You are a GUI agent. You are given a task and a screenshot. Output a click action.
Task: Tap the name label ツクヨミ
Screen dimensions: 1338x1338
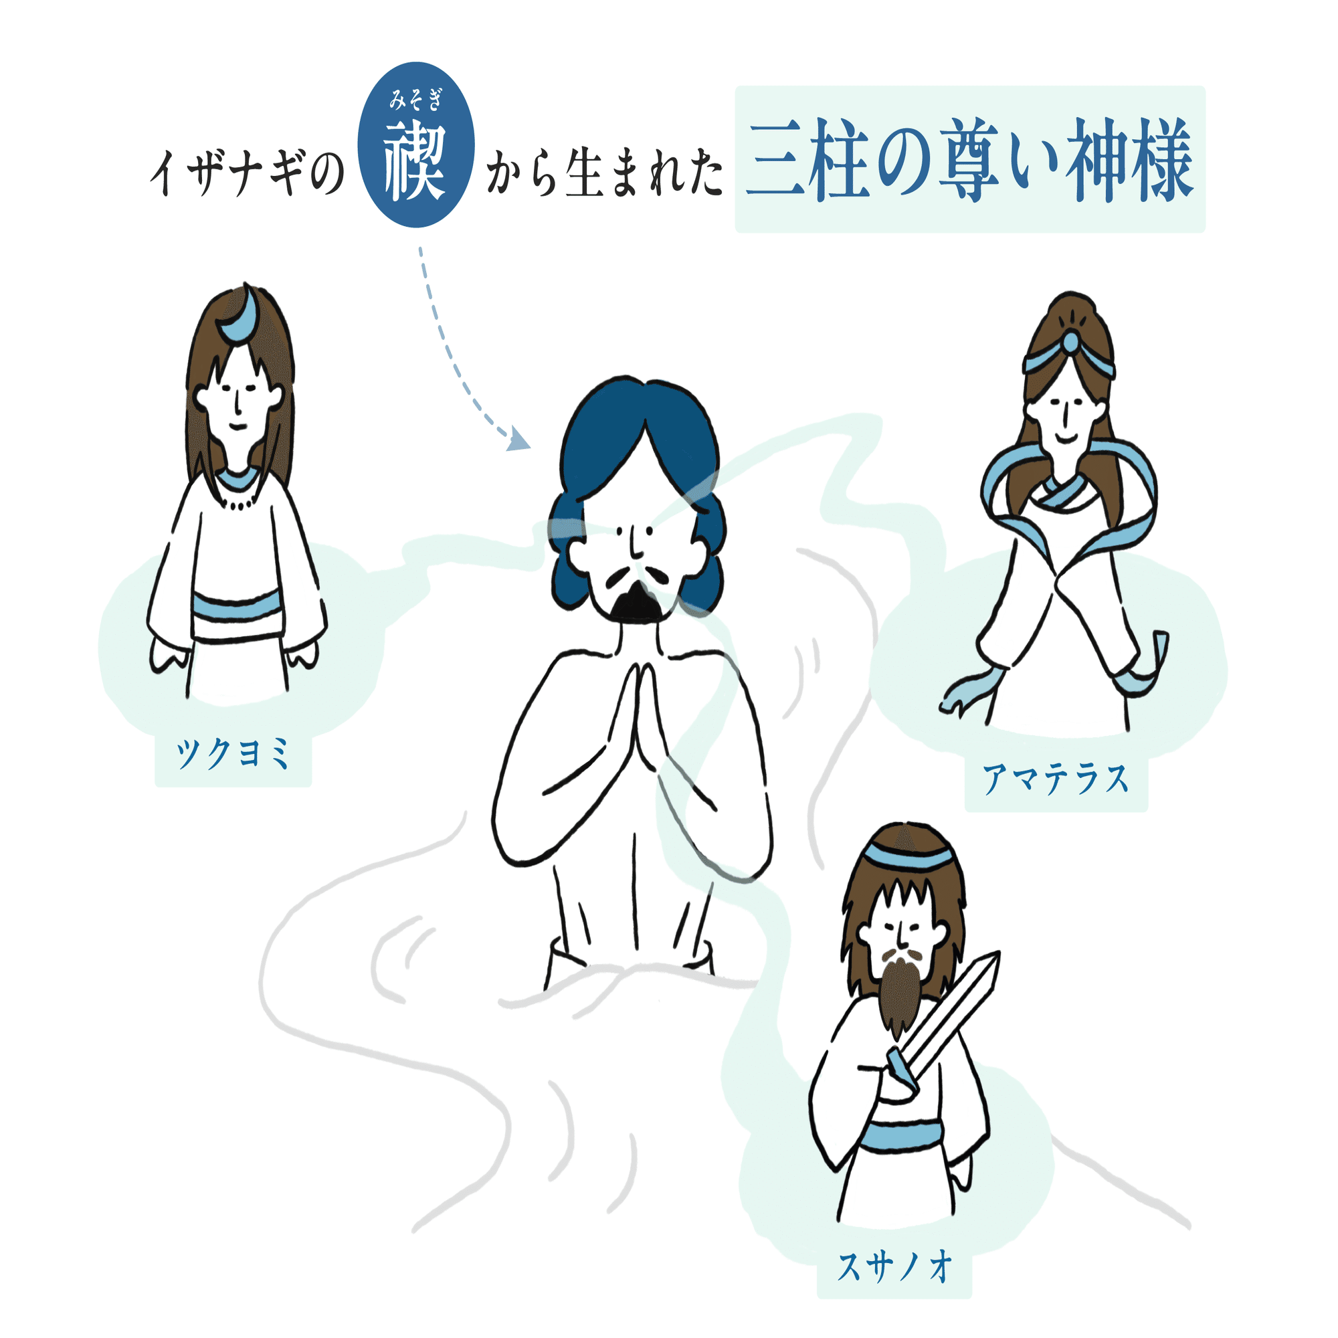click(233, 754)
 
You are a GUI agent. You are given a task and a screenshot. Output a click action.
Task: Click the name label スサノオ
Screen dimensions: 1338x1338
click(894, 1267)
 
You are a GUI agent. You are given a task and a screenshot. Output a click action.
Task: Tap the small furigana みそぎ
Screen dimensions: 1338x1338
click(415, 101)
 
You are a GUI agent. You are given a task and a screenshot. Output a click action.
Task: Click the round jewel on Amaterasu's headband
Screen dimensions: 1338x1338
click(1070, 341)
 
